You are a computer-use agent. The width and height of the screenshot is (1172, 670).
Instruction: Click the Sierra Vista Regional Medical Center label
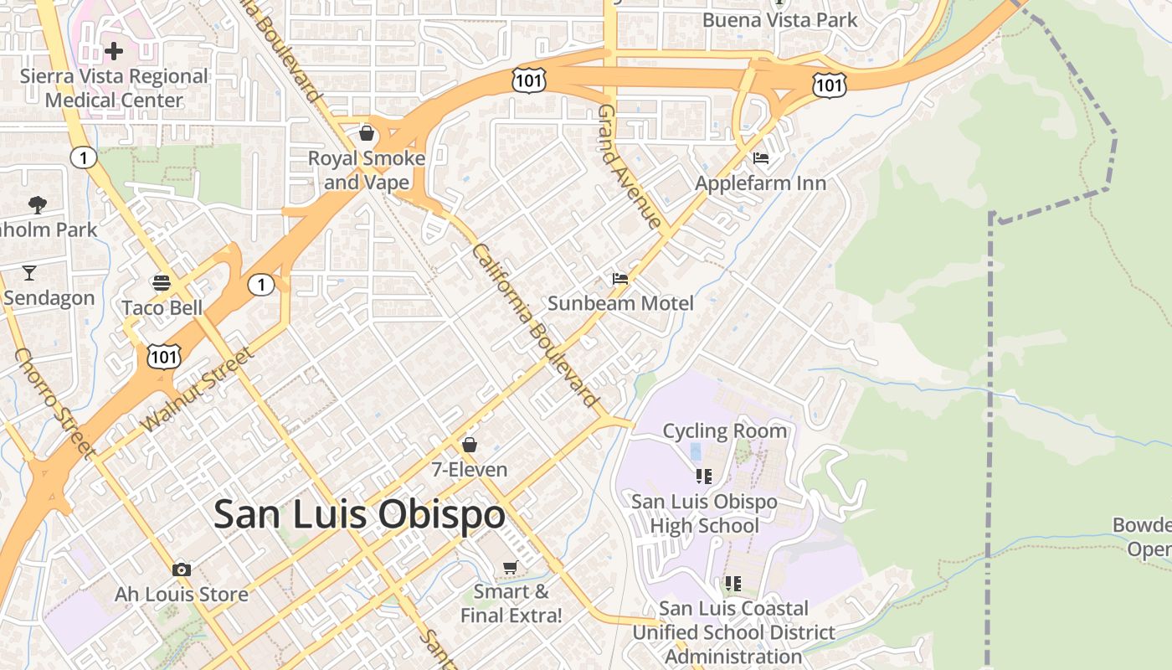tap(114, 88)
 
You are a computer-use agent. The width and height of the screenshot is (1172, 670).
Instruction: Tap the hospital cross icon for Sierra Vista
tap(114, 52)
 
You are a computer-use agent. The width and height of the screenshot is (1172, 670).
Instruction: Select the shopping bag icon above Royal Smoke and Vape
tap(366, 133)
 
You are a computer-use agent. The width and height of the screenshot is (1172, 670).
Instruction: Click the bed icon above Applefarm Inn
tap(761, 157)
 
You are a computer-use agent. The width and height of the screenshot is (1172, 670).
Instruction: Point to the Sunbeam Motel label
tap(620, 303)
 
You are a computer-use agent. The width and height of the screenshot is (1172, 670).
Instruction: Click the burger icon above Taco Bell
tap(162, 283)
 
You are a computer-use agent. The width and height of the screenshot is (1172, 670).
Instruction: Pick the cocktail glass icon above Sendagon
tap(29, 273)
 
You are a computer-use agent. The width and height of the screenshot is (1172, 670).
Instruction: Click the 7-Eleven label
tap(470, 470)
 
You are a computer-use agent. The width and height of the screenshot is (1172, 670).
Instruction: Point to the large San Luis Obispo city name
tap(359, 514)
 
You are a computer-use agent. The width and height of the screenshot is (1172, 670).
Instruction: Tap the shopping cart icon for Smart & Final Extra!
tap(510, 568)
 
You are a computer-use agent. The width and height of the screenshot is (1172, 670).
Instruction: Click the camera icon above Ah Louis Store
tap(181, 570)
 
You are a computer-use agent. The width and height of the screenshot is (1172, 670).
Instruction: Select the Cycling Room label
tap(725, 431)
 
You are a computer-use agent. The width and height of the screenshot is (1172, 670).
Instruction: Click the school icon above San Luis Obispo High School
tap(704, 477)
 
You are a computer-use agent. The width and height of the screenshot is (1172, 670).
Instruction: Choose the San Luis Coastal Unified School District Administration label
tap(733, 632)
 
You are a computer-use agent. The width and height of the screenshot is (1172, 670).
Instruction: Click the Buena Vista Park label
tap(780, 19)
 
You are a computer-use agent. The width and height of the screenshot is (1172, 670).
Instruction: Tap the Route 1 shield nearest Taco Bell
tap(261, 286)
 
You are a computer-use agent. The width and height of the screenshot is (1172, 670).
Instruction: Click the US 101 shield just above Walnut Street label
tap(163, 357)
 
